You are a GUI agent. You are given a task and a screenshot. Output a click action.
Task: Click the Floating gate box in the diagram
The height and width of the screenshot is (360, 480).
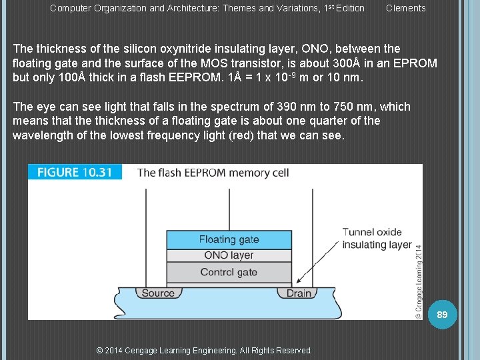[229, 239]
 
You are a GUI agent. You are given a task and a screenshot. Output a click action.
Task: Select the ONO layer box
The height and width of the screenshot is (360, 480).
[229, 255]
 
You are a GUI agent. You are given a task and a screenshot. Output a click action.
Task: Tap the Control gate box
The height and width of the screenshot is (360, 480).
[229, 272]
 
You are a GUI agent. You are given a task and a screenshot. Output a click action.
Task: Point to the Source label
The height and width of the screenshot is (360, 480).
[159, 293]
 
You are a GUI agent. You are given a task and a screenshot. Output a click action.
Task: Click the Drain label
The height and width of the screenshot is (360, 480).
[299, 293]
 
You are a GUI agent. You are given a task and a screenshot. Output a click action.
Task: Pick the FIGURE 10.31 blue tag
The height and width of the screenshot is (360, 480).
[75, 172]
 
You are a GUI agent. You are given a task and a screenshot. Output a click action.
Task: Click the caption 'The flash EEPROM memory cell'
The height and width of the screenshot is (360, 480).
[213, 173]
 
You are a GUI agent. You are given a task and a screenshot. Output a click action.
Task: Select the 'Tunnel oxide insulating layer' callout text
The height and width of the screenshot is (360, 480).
[377, 238]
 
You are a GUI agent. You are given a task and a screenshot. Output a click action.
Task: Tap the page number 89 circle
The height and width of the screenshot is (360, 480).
[442, 313]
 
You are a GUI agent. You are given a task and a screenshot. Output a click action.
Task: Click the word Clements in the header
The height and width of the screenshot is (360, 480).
[405, 8]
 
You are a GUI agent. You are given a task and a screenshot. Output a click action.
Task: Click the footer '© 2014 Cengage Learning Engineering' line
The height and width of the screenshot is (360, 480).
[204, 350]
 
